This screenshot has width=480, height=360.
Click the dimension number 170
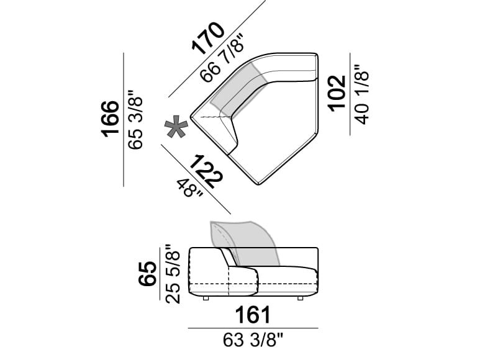(208, 38)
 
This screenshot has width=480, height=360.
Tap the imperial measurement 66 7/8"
(223, 58)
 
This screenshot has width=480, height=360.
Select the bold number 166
(110, 119)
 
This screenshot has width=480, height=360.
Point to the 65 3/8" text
(135, 119)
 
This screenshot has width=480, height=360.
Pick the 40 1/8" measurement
(362, 94)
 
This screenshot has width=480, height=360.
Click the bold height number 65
(148, 274)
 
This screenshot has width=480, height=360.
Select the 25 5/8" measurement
(173, 274)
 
